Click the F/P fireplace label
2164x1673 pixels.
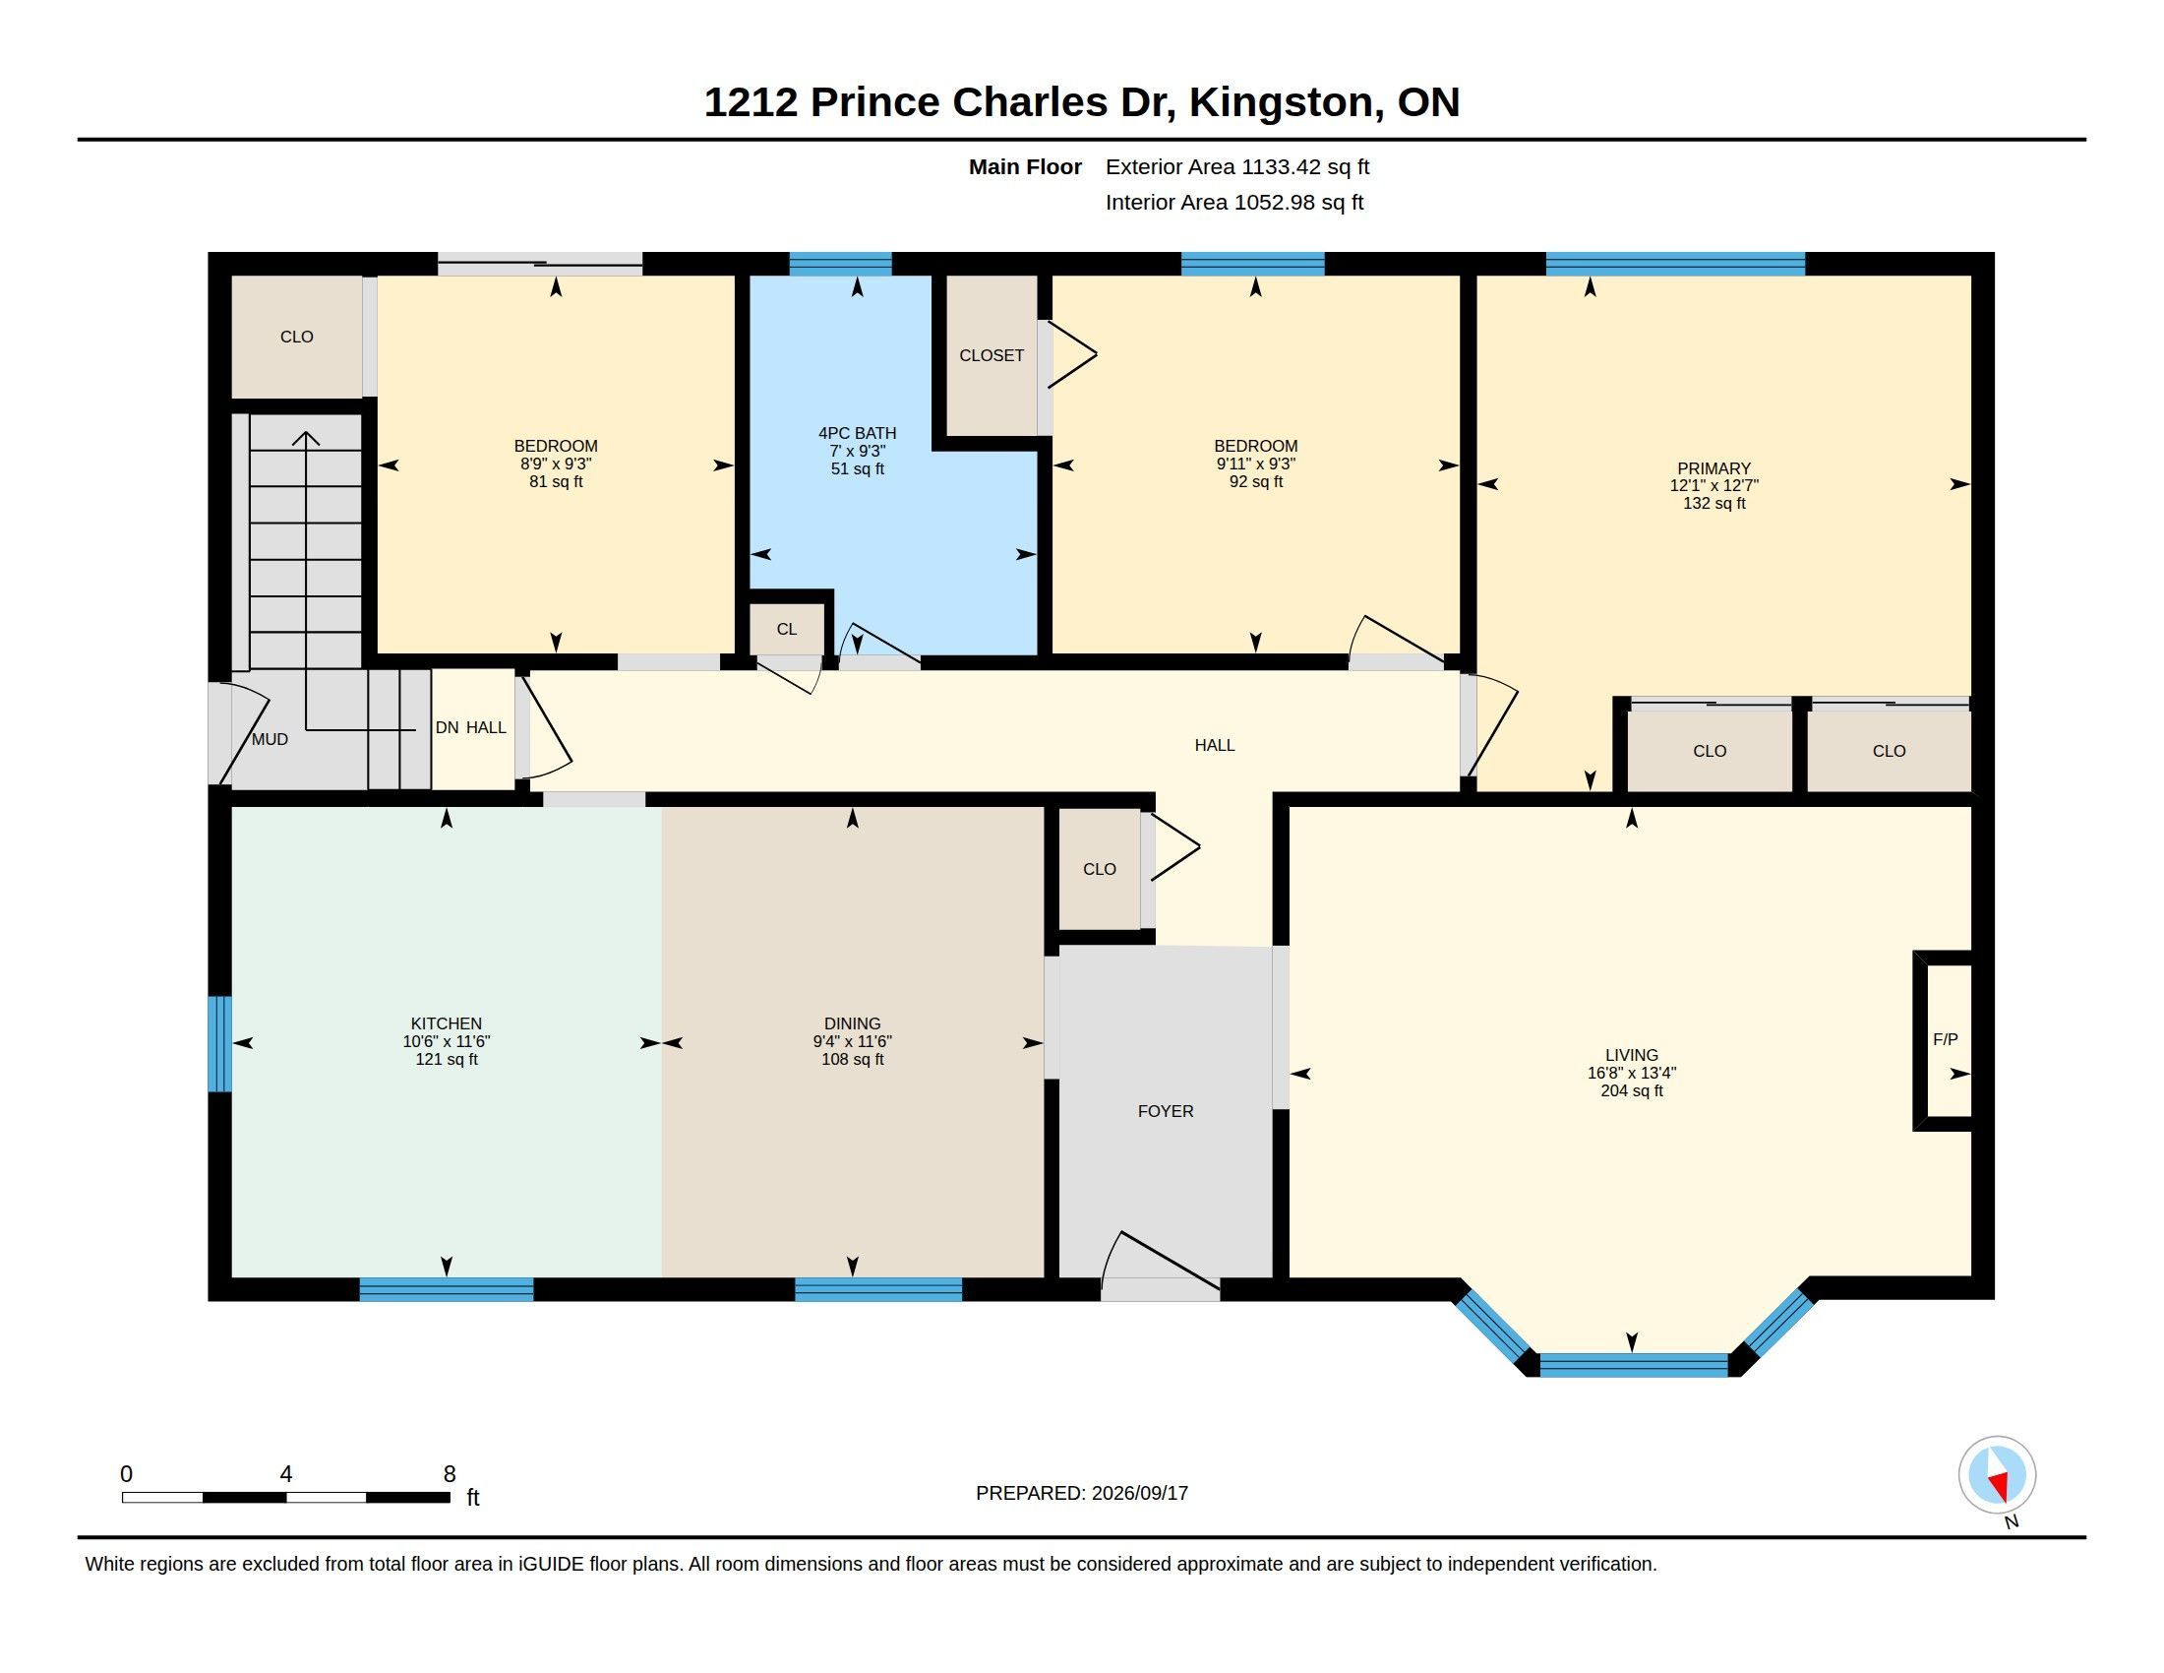[1944, 1039]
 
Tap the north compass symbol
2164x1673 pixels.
[1997, 1476]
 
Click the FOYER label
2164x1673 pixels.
[1166, 1111]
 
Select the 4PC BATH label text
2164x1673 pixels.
[857, 433]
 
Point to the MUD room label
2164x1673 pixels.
[270, 739]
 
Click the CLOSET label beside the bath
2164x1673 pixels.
[991, 355]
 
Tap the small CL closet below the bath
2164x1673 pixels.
[787, 630]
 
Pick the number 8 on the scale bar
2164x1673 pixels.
[449, 1474]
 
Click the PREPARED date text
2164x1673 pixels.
[1082, 1494]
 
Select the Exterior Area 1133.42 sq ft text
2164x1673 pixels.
[1237, 167]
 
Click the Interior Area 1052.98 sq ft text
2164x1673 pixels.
[1234, 202]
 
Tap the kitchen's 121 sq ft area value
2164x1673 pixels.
[446, 1060]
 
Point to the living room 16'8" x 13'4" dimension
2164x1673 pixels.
[1631, 1073]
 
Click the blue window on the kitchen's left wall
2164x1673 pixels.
[220, 1043]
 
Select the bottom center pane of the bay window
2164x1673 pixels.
[1633, 1365]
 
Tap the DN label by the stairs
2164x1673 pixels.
[447, 727]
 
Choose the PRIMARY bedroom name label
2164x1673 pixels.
[1714, 468]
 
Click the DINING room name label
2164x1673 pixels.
[852, 1023]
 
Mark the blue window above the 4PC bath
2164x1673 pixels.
[840, 264]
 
